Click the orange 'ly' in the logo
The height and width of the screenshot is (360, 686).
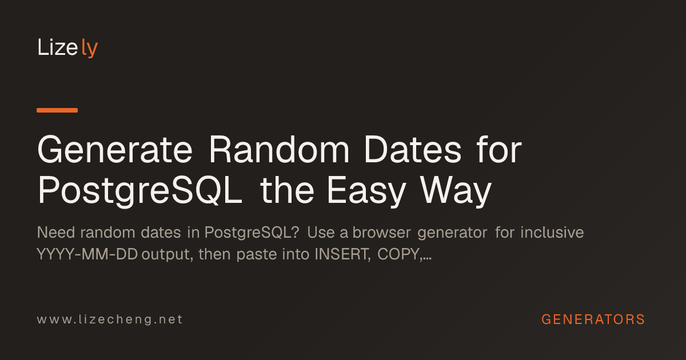89,48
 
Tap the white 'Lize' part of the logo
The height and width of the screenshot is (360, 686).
58,47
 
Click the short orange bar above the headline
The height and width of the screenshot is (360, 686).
57,110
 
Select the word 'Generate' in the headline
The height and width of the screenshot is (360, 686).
115,150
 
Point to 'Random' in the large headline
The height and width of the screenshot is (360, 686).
279,150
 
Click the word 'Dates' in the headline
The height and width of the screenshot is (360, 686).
413,150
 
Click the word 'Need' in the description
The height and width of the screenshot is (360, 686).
56,233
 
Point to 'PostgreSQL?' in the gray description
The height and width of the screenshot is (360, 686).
252,233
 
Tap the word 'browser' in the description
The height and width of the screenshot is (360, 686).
381,233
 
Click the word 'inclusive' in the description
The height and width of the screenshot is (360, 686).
552,233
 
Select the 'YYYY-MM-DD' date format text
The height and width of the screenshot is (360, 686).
87,254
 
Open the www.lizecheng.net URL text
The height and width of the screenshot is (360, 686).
110,319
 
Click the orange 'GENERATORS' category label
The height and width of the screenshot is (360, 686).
593,319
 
